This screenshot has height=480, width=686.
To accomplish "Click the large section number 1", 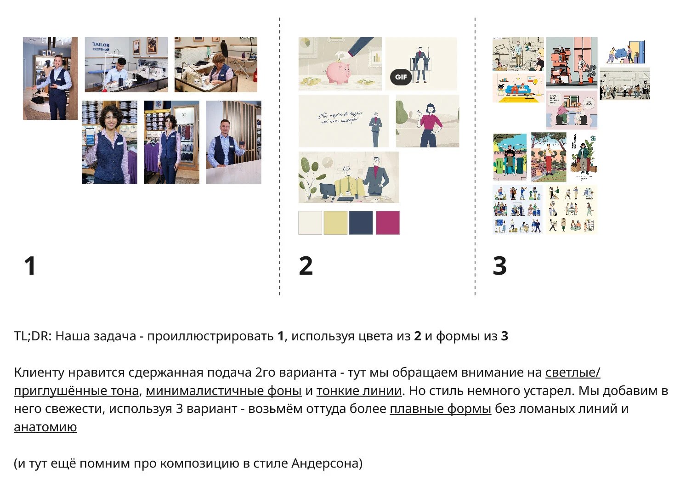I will tap(30, 266).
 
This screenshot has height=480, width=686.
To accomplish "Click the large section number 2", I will tap(306, 266).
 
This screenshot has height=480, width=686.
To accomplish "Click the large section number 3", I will tap(499, 266).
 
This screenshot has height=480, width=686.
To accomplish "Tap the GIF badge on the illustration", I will tap(401, 77).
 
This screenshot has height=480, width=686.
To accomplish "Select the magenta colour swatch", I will tap(388, 223).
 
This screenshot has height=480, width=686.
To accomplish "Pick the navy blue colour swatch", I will tap(361, 223).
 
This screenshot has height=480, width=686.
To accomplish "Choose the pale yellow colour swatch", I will tap(335, 223).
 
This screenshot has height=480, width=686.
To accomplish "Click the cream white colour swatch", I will tap(310, 223).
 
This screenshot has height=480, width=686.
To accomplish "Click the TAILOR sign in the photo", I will tap(101, 46).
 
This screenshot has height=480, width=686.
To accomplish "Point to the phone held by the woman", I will tap(90, 136).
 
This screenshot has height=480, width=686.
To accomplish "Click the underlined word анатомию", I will tap(45, 427).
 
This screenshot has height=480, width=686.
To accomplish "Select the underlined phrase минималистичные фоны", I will tap(223, 391).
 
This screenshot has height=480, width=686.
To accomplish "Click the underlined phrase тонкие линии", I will tap(359, 391).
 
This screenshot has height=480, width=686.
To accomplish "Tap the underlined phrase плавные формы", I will tap(440, 409).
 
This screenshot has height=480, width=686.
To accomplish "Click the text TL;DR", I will tap(31, 336).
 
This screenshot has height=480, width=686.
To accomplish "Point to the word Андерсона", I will tap(327, 463).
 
